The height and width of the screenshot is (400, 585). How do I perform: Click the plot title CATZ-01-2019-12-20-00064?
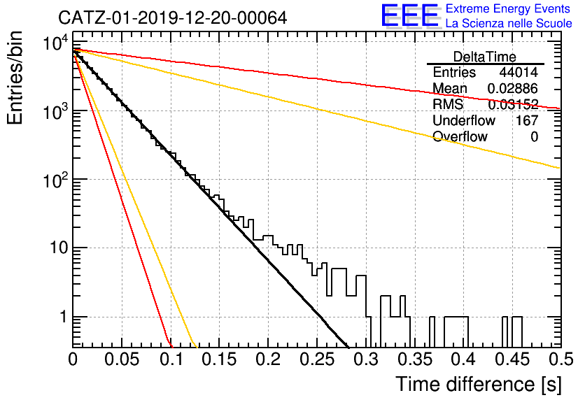[x=172, y=17]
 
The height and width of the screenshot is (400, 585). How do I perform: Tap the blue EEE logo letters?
[x=410, y=15]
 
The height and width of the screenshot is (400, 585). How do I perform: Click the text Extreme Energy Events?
[x=507, y=8]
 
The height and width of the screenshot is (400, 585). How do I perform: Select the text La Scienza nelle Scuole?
[x=509, y=24]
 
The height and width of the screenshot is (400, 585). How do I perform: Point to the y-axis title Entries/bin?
[x=15, y=78]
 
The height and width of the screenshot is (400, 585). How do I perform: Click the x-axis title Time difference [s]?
[x=479, y=385]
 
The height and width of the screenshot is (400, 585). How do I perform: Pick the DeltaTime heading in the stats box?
[x=485, y=57]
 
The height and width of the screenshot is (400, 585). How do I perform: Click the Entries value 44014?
[x=519, y=72]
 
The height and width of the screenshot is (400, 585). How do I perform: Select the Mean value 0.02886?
[x=513, y=88]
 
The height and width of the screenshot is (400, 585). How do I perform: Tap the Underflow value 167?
[x=527, y=120]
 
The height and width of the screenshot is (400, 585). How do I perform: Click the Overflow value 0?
[x=534, y=137]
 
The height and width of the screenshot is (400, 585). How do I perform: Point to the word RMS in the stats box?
[x=448, y=104]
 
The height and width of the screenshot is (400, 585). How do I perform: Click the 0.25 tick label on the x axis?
[x=317, y=359]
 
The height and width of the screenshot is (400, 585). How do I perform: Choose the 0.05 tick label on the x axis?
[x=122, y=359]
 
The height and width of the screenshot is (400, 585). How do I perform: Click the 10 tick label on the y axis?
[x=59, y=248]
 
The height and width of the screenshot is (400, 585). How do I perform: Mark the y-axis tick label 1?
[x=64, y=317]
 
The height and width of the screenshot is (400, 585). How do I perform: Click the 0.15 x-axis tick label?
[x=220, y=359]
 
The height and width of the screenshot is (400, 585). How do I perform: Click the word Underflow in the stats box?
[x=464, y=120]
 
